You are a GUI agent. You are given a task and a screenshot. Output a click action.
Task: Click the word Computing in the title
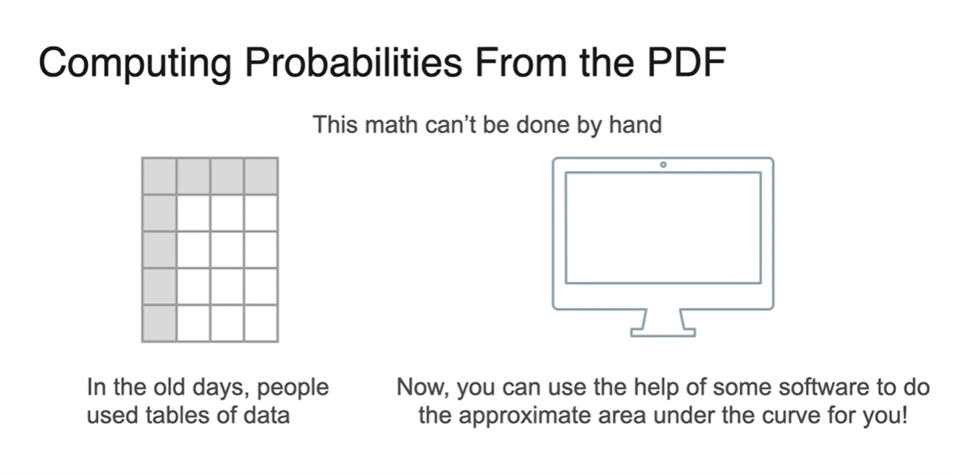135,64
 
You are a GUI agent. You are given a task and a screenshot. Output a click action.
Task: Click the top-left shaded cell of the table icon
159,176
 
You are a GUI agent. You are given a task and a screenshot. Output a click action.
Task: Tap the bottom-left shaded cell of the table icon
159,323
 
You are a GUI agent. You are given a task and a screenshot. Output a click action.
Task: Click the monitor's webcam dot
663,165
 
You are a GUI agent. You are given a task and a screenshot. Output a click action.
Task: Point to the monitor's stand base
663,333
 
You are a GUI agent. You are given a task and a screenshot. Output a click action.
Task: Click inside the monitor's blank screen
663,228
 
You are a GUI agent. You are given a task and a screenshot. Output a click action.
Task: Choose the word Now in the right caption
421,387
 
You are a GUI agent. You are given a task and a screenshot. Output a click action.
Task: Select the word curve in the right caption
790,415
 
